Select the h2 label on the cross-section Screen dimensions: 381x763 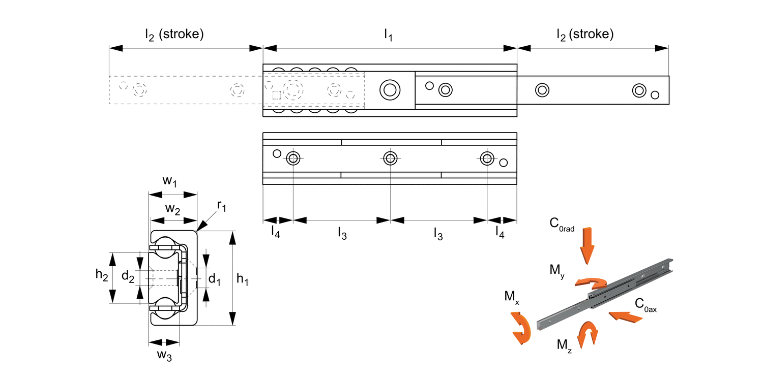point(102,275)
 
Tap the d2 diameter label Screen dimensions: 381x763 point(128,276)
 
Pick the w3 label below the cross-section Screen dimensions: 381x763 point(164,355)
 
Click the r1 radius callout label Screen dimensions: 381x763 point(222,206)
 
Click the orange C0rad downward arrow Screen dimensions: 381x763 point(588,244)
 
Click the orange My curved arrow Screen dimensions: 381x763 point(591,282)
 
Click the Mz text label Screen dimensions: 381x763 point(563,345)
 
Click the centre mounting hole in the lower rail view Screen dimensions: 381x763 point(390,158)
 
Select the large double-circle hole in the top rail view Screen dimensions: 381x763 point(390,90)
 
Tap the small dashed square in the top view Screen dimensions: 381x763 point(277,95)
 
